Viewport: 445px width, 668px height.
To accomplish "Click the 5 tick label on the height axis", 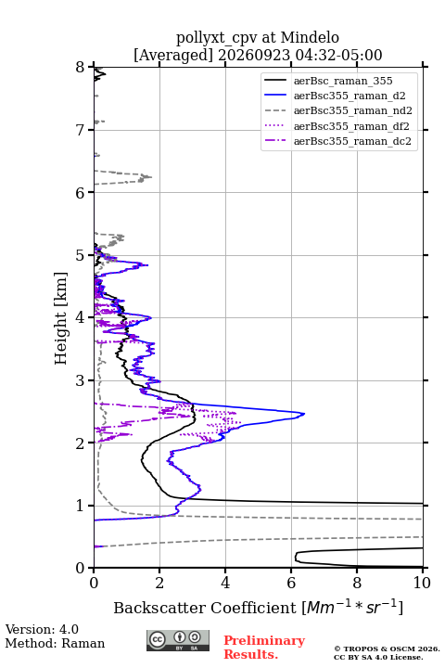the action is (80, 255).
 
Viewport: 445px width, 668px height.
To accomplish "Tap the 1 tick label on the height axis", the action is (80, 506).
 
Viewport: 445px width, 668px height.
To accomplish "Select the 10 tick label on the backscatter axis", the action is (422, 583).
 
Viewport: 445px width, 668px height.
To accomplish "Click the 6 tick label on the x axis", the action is (291, 583).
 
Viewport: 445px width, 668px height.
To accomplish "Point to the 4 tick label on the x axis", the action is (225, 583).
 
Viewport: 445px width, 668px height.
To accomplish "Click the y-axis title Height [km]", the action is (61, 318).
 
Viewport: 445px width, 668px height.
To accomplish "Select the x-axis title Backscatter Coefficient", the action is (204, 608).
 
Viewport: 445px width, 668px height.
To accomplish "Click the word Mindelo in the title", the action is (310, 37).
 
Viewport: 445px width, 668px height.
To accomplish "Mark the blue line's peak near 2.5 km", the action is (304, 413).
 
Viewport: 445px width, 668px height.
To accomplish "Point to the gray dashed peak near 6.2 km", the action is (151, 177).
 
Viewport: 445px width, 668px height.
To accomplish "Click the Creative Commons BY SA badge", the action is (178, 641).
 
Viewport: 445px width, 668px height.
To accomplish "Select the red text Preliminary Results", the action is (264, 648).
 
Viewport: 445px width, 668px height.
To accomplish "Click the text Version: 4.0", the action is (42, 629).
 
